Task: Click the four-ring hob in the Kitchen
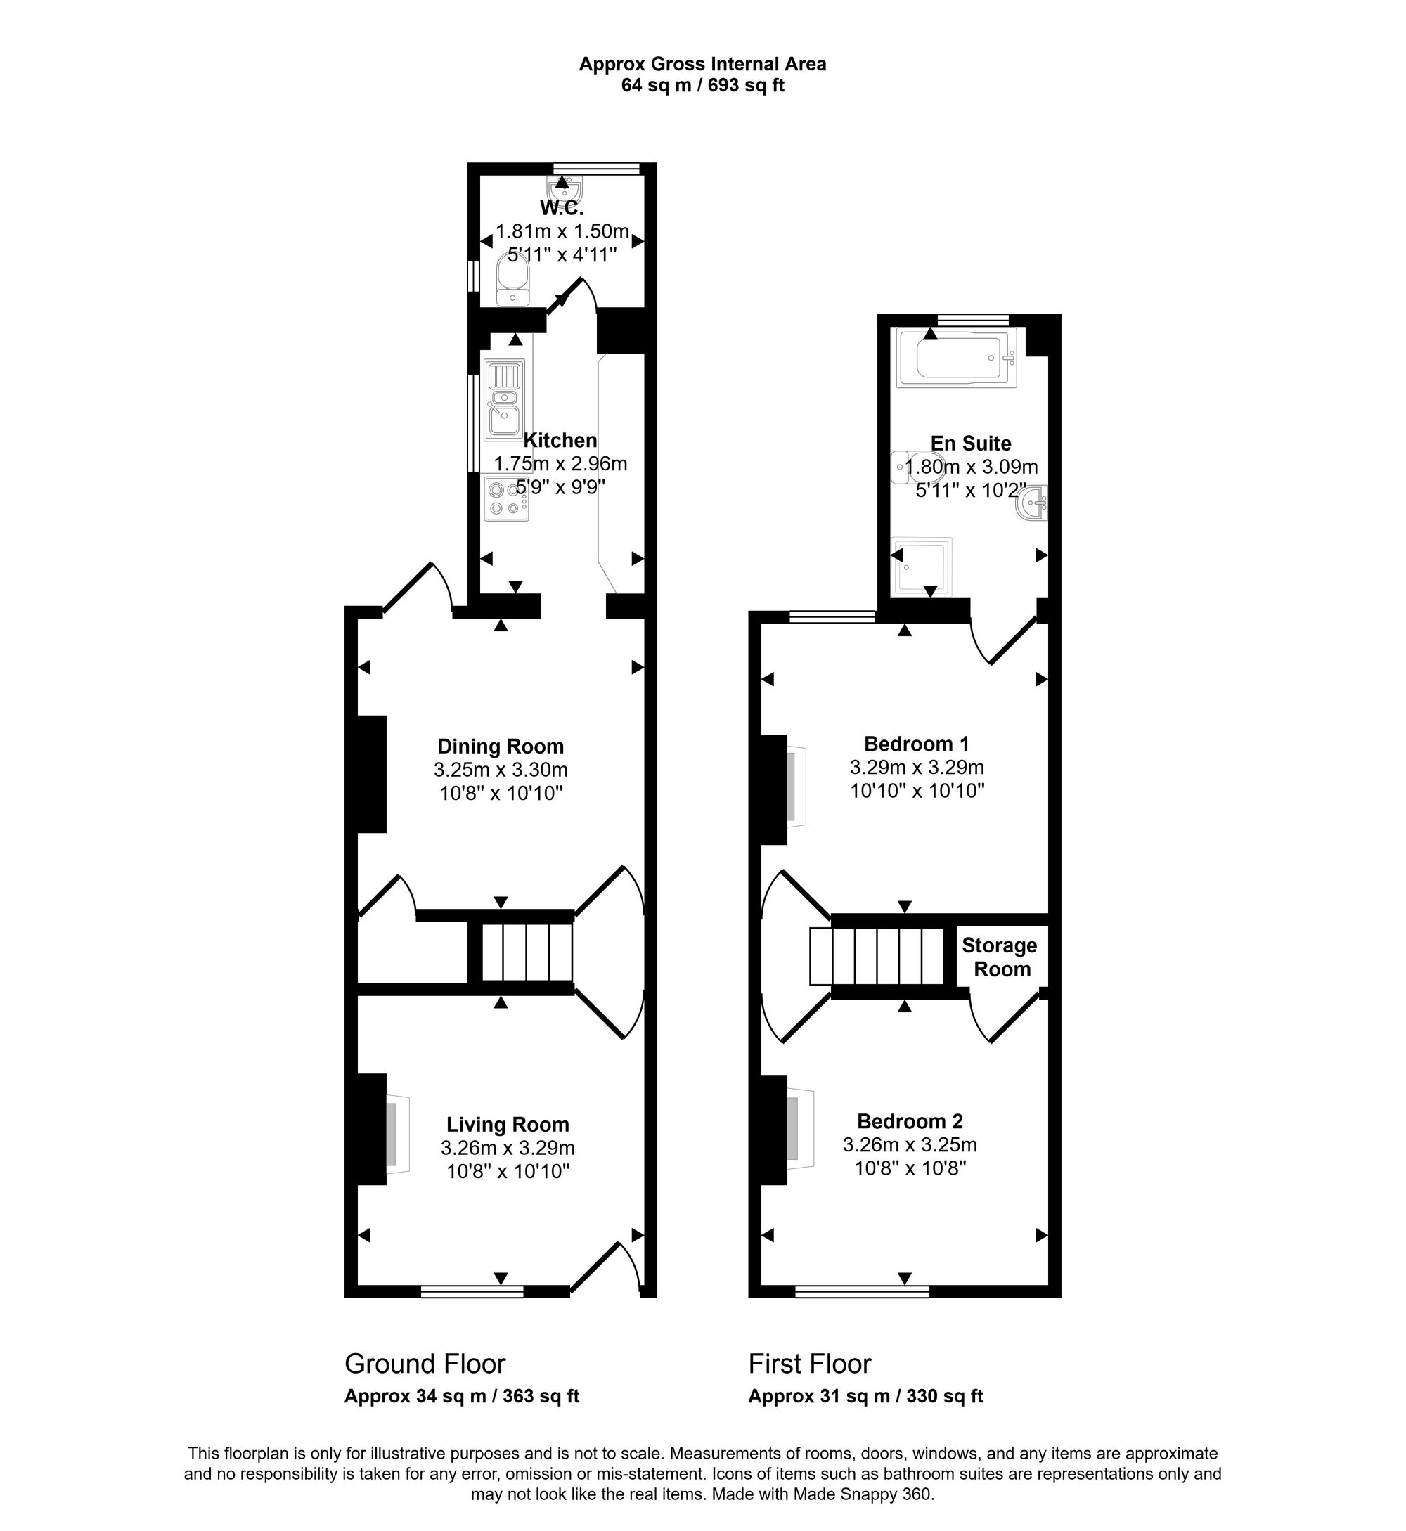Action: coord(506,498)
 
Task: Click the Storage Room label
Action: coord(1000,957)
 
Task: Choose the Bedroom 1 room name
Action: coord(917,744)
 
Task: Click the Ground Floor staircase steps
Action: coord(527,952)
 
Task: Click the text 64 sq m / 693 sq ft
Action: coord(702,86)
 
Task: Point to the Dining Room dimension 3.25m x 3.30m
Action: coord(501,770)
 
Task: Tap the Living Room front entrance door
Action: coord(605,1269)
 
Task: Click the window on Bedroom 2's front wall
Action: coord(862,1291)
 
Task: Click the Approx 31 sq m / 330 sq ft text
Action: coord(865,1396)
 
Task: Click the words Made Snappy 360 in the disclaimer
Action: coord(862,1494)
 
